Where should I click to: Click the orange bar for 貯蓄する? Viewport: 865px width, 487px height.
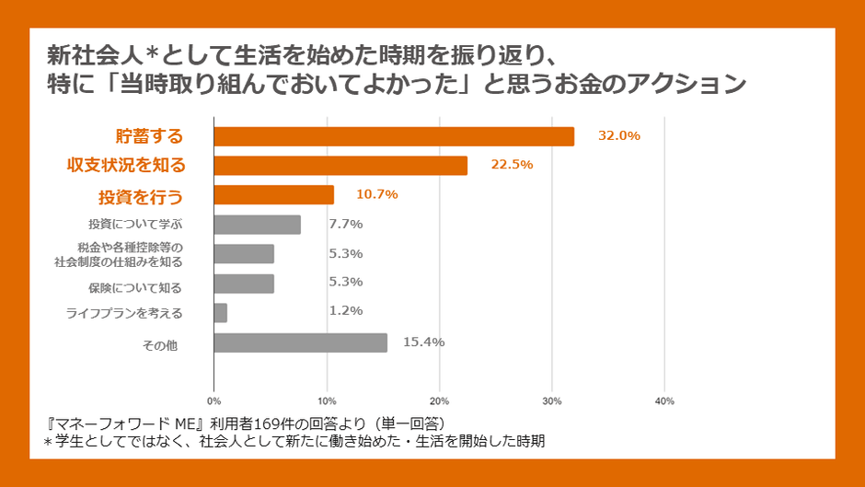(394, 136)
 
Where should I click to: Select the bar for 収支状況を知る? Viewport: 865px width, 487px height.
(340, 166)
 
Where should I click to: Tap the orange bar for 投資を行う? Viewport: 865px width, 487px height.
(274, 195)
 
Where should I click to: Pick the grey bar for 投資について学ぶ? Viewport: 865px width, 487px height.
(258, 225)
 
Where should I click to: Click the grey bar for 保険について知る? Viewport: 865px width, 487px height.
(244, 284)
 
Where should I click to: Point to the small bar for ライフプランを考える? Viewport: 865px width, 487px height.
(221, 313)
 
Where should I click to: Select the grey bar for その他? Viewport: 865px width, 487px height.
(301, 342)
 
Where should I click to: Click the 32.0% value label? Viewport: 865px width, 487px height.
(618, 135)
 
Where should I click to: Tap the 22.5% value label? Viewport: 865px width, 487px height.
(512, 165)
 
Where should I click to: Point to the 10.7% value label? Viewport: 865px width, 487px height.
(377, 194)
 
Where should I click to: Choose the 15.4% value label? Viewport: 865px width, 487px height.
(424, 342)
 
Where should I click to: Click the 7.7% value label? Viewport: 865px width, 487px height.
(346, 224)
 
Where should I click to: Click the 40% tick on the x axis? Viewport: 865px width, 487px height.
(664, 401)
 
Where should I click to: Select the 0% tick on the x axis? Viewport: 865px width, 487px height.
(213, 401)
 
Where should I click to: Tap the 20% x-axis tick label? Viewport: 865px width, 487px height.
(439, 401)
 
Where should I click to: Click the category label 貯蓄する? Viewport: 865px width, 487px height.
(149, 136)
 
